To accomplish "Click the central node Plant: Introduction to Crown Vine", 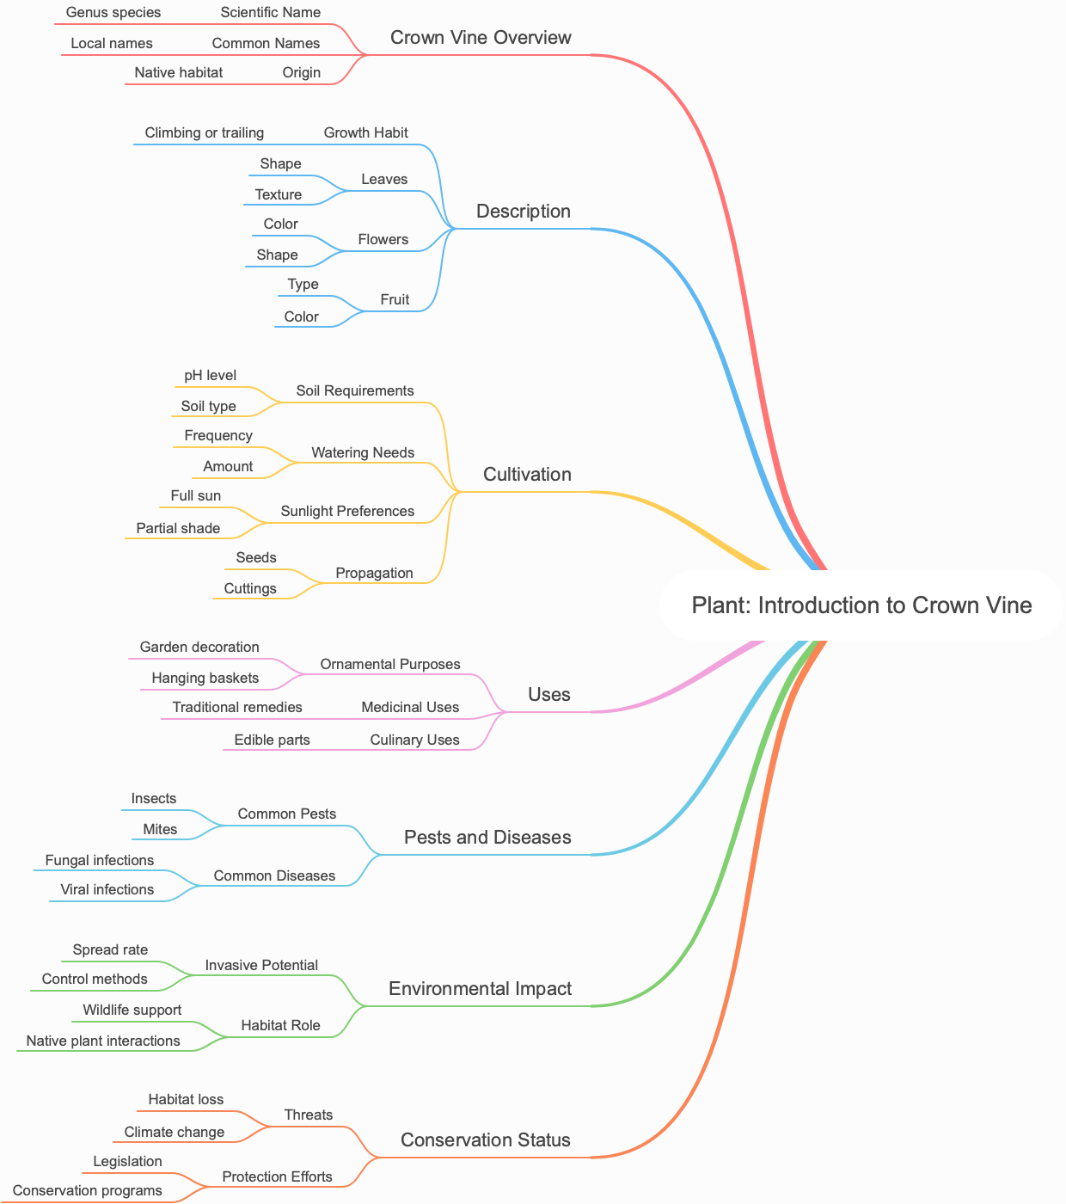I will click(861, 605).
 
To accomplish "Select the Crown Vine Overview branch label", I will click(481, 38).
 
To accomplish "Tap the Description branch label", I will click(523, 212).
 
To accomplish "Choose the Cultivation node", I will click(527, 475).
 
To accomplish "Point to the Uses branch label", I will click(548, 695).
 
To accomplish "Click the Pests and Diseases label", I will click(487, 838).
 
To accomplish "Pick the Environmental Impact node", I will click(480, 989).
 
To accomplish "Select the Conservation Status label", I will click(486, 1140).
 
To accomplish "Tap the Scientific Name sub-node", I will click(271, 13).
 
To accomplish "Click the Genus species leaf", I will click(113, 13).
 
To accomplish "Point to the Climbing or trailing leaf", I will click(205, 133).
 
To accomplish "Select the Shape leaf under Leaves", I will click(281, 164).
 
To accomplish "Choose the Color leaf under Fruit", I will click(302, 317).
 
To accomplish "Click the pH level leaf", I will click(211, 376).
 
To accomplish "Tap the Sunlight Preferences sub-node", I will click(347, 512).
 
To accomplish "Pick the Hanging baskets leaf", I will click(205, 679).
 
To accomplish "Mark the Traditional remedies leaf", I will click(237, 708).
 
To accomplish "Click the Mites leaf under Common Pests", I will click(160, 830).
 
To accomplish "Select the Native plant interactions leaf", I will click(103, 1041).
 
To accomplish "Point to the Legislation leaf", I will click(127, 1162).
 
